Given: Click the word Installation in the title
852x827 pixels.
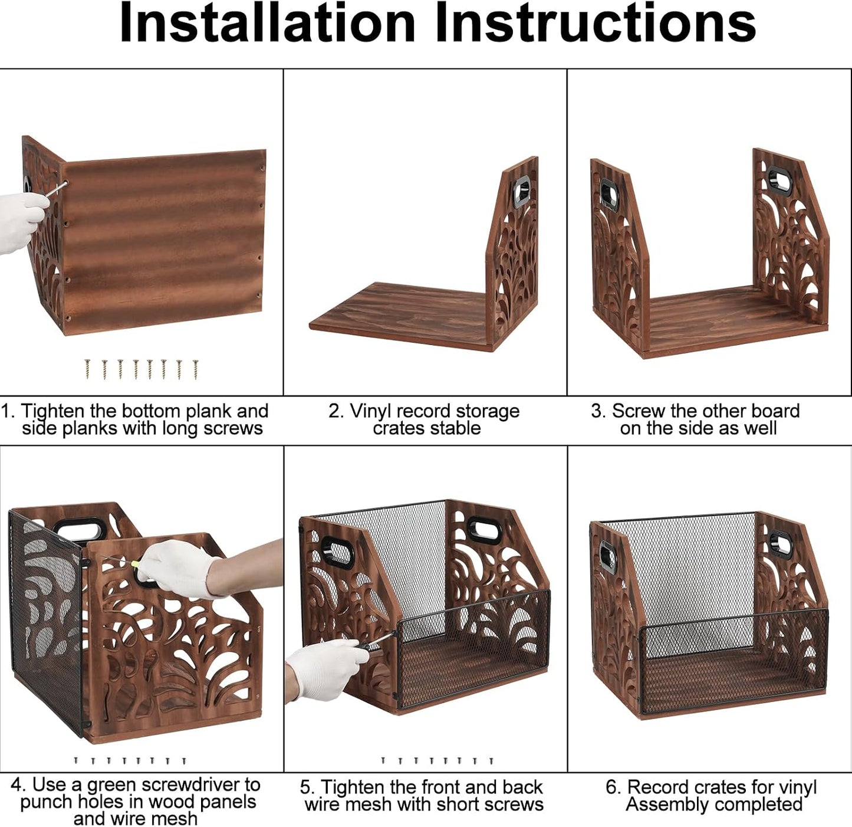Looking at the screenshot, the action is tap(267, 23).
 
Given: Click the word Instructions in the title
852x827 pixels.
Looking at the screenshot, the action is tap(595, 23).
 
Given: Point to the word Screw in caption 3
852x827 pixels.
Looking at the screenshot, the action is tap(637, 411).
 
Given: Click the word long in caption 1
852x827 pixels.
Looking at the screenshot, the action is tap(181, 429).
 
